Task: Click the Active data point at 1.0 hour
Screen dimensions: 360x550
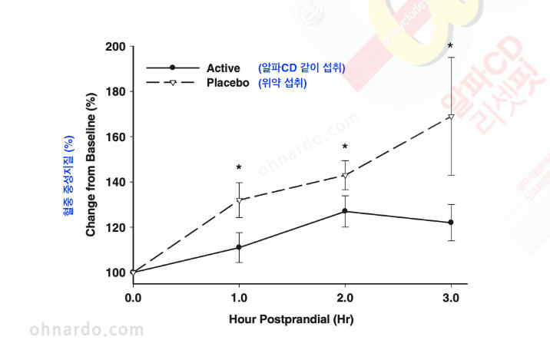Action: point(239,247)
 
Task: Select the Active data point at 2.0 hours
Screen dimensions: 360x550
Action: point(345,211)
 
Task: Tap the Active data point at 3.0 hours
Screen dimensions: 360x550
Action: point(451,223)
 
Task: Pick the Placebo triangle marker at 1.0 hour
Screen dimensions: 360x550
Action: point(239,200)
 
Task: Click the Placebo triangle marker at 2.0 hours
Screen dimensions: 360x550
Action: point(345,176)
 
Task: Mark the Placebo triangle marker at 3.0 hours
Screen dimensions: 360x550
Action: point(451,117)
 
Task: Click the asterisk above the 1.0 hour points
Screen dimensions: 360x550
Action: point(239,168)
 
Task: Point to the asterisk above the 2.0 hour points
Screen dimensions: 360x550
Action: point(345,147)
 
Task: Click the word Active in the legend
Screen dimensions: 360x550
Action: point(224,68)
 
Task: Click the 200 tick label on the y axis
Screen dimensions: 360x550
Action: point(115,46)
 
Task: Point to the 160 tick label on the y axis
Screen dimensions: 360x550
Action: point(115,137)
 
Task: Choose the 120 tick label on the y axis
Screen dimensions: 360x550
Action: point(115,227)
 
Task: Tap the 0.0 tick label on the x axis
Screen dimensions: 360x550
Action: point(133,297)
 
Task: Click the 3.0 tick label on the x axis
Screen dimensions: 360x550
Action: point(451,297)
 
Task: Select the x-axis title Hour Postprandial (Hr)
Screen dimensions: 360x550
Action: point(291,318)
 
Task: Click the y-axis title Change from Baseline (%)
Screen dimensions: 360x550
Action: point(91,166)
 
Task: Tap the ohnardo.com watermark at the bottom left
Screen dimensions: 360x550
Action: point(86,330)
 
